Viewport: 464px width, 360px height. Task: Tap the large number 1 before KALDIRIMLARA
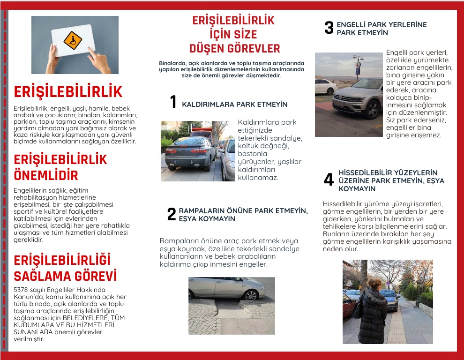click(x=173, y=102)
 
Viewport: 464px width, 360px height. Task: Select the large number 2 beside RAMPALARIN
click(x=172, y=214)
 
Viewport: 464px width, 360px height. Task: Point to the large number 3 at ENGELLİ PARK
click(x=329, y=28)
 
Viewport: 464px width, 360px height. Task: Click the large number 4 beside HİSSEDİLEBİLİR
click(x=329, y=180)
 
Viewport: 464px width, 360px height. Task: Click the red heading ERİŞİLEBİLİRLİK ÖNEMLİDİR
click(x=60, y=167)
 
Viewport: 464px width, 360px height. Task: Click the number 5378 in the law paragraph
click(x=22, y=289)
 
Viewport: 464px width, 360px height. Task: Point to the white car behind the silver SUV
click(x=326, y=86)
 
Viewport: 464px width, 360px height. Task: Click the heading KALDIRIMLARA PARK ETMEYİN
click(x=234, y=104)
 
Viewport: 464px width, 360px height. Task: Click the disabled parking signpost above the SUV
click(x=359, y=66)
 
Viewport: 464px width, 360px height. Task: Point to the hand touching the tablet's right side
click(x=100, y=61)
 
